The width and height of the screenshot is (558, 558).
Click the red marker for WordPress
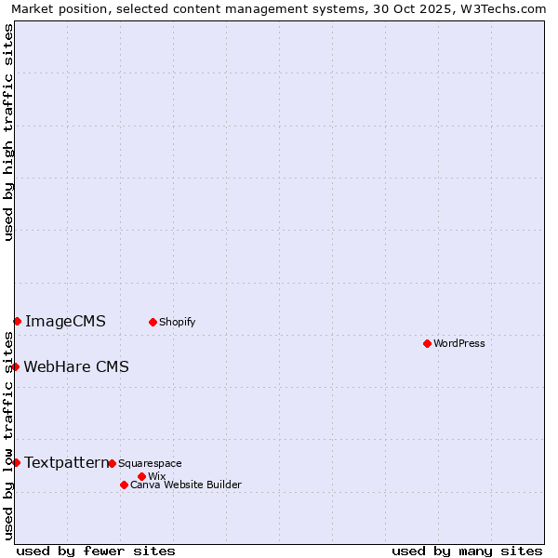pyautogui.click(x=427, y=343)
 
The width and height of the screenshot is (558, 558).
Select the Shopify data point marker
pyautogui.click(x=153, y=322)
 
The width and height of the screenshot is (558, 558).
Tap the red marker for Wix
pyautogui.click(x=141, y=476)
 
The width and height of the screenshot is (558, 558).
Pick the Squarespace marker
pyautogui.click(x=112, y=463)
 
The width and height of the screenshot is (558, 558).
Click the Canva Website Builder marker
pyautogui.click(x=124, y=485)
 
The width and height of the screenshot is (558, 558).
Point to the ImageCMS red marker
pyautogui.click(x=17, y=321)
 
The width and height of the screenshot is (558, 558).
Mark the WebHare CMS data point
pyautogui.click(x=15, y=366)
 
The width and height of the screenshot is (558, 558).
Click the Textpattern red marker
pyautogui.click(x=16, y=462)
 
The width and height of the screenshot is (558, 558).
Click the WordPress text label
pyautogui.click(x=459, y=343)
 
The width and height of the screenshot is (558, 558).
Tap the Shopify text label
pyautogui.click(x=177, y=322)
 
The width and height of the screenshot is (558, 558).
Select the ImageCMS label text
pyautogui.click(x=65, y=321)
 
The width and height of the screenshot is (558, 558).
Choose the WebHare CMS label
pyautogui.click(x=76, y=366)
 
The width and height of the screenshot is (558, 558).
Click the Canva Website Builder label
pyautogui.click(x=186, y=485)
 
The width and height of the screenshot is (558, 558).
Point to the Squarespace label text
pyautogui.click(x=150, y=463)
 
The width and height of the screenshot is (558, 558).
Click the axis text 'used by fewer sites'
pyautogui.click(x=96, y=551)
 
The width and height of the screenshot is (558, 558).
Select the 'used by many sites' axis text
pyautogui.click(x=467, y=551)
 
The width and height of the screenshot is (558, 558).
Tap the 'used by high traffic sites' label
pyautogui.click(x=8, y=132)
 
